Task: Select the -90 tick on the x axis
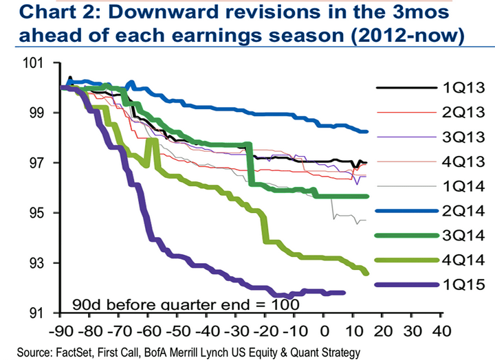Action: coord(61,328)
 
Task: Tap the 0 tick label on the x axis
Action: coord(325,328)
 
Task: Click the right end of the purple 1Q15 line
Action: coord(344,293)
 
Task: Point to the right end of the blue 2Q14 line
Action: coord(367,131)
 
